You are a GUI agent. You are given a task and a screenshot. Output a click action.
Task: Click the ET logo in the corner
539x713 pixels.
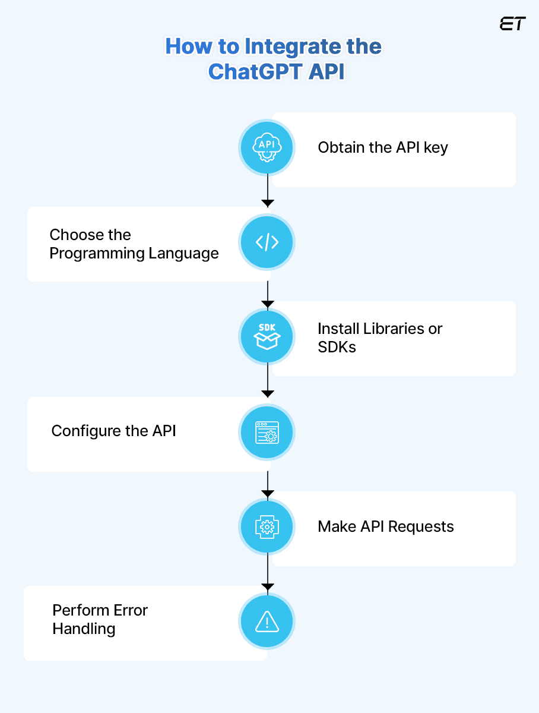tap(512, 24)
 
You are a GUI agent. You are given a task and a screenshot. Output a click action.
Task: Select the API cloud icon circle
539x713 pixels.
tap(267, 147)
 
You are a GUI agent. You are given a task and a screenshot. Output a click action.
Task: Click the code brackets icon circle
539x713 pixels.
tap(267, 242)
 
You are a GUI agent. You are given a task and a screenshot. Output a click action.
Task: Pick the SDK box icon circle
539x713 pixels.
tap(267, 337)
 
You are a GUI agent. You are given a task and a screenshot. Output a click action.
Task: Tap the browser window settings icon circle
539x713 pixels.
tap(267, 432)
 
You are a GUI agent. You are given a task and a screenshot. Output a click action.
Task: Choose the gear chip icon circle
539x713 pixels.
tap(267, 526)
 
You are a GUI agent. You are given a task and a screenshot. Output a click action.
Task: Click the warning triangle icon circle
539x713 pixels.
tap(267, 621)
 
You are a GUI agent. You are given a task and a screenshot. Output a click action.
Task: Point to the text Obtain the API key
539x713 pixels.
tap(383, 147)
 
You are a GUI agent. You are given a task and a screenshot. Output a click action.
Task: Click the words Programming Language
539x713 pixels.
tap(134, 254)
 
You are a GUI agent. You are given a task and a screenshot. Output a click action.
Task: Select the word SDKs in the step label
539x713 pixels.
tap(337, 347)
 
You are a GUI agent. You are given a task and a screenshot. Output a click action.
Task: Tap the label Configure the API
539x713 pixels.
tap(114, 431)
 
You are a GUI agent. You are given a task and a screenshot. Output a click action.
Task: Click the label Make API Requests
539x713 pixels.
tap(386, 526)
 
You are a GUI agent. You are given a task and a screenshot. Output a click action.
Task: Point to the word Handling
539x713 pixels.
tap(84, 629)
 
